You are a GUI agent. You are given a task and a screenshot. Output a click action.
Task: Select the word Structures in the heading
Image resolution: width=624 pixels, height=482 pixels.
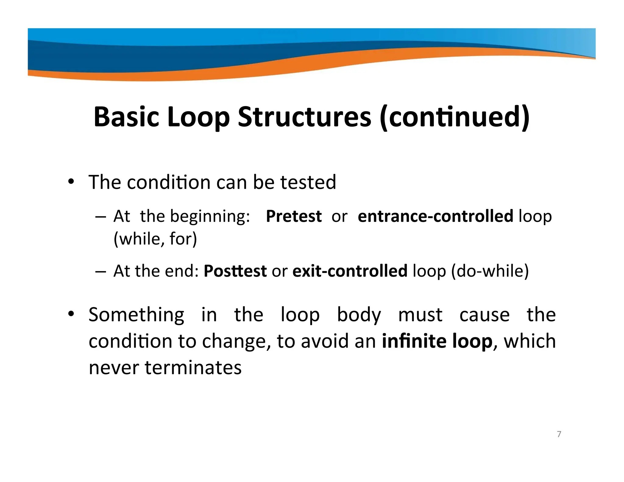click(304, 117)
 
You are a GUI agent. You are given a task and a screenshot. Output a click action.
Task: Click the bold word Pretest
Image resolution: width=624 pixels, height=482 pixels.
click(294, 216)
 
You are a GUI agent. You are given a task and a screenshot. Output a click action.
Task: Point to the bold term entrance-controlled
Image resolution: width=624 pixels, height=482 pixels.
click(436, 216)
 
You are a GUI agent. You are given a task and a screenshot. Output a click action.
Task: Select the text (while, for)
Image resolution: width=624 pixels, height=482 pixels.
click(155, 239)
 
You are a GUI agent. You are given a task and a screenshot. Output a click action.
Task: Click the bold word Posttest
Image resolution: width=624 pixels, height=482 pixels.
click(235, 271)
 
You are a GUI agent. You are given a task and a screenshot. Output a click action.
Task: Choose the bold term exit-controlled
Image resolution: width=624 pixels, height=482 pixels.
click(350, 271)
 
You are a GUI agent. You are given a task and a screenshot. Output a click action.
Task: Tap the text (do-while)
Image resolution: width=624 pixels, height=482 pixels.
click(490, 271)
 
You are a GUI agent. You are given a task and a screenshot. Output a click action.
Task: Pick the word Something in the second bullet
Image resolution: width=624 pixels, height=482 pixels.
click(136, 315)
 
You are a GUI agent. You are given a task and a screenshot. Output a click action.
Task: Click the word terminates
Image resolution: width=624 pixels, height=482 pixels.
click(193, 367)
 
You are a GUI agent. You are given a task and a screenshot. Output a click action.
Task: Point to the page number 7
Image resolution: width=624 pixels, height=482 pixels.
click(559, 434)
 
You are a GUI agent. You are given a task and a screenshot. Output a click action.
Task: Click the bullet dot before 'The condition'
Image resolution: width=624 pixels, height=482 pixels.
click(71, 183)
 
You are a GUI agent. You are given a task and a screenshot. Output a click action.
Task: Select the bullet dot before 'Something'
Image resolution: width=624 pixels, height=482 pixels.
click(71, 314)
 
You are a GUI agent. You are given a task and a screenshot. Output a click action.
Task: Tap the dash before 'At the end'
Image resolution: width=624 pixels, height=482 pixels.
click(100, 272)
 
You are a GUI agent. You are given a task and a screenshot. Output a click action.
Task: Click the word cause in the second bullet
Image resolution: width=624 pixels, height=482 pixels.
click(484, 315)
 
